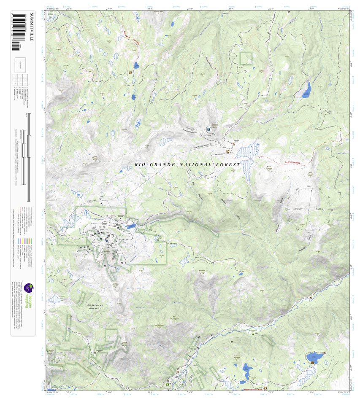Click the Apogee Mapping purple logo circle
(28, 288)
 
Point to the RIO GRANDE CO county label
(95, 304)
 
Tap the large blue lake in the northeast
(307, 91)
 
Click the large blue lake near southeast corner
(314, 358)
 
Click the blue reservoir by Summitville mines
(130, 226)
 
